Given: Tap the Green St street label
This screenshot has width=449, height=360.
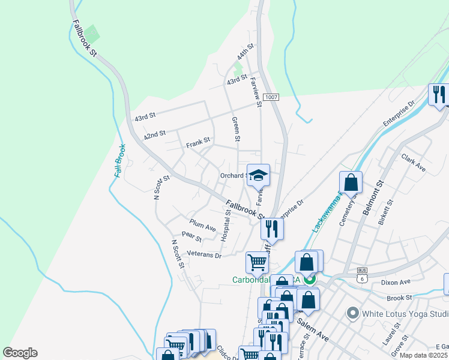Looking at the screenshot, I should (236, 129).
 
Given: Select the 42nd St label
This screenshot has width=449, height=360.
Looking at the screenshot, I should (154, 136).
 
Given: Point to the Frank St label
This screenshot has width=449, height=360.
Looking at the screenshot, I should (197, 143).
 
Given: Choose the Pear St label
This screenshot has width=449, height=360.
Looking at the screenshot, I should (191, 238).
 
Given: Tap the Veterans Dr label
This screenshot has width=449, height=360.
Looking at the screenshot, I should (204, 255).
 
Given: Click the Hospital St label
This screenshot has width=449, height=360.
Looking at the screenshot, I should (226, 226).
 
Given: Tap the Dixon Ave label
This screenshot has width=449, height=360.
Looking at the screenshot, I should (396, 281).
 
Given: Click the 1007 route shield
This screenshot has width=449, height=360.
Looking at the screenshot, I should (271, 97).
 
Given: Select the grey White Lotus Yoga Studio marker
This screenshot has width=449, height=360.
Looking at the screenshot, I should (353, 313).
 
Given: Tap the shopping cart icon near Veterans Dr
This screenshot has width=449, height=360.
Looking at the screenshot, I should (257, 262).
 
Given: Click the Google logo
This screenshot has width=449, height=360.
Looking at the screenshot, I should (20, 353).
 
